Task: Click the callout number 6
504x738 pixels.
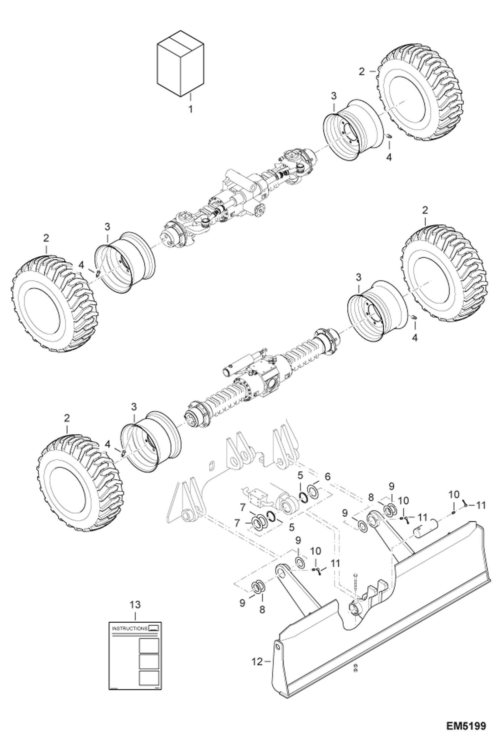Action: tap(327, 476)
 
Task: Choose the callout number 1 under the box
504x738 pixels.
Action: tap(190, 109)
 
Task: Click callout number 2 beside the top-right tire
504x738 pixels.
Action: tap(362, 71)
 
